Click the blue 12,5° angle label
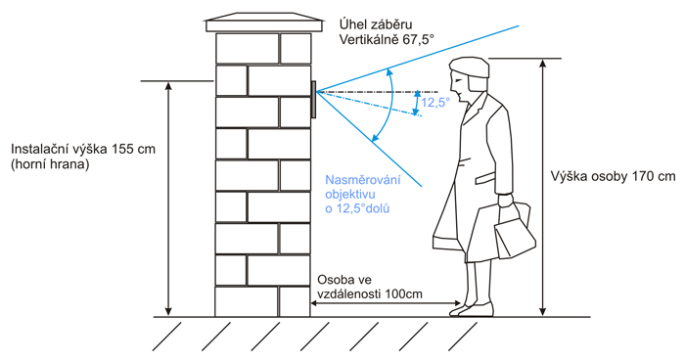click(435, 102)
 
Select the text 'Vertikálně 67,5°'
click(386, 41)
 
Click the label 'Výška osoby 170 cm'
click(613, 177)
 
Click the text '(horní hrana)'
click(50, 166)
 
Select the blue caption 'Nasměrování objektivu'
click(361, 188)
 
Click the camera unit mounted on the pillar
click(313, 100)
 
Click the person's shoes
click(472, 309)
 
